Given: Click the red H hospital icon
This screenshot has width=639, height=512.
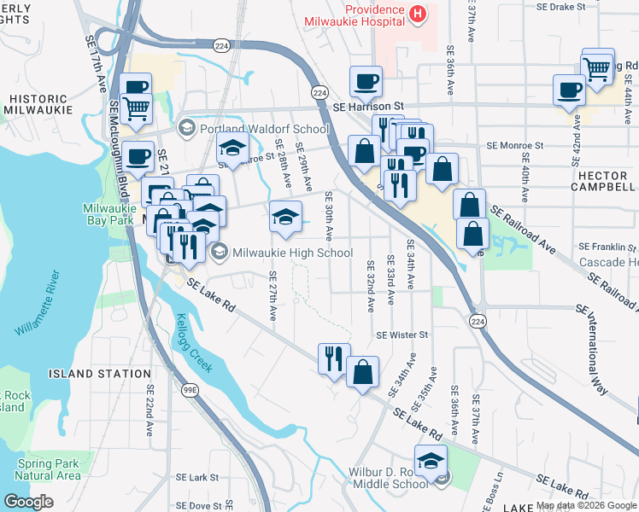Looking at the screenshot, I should coord(417,13).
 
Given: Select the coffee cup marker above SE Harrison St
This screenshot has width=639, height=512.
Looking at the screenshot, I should coord(366,83).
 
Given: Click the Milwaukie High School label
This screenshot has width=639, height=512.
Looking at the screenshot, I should coord(292,253).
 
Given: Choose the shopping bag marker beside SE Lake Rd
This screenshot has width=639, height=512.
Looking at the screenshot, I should coord(363,372).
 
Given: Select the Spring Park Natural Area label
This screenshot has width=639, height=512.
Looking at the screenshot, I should coord(48,469).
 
